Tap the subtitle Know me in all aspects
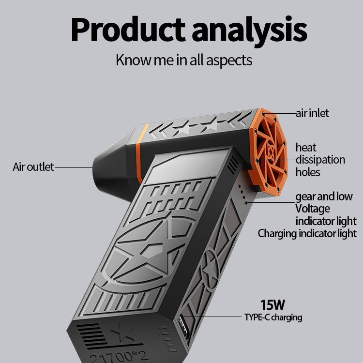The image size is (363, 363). (183, 60)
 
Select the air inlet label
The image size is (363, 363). (312, 113)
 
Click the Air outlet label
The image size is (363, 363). (33, 167)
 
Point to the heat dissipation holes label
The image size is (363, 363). (320, 159)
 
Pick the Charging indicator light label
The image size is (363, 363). (307, 234)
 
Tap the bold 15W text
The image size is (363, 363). (272, 305)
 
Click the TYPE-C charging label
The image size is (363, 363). (273, 318)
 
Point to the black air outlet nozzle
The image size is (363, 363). (110, 166)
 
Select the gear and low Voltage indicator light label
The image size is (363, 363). (325, 209)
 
